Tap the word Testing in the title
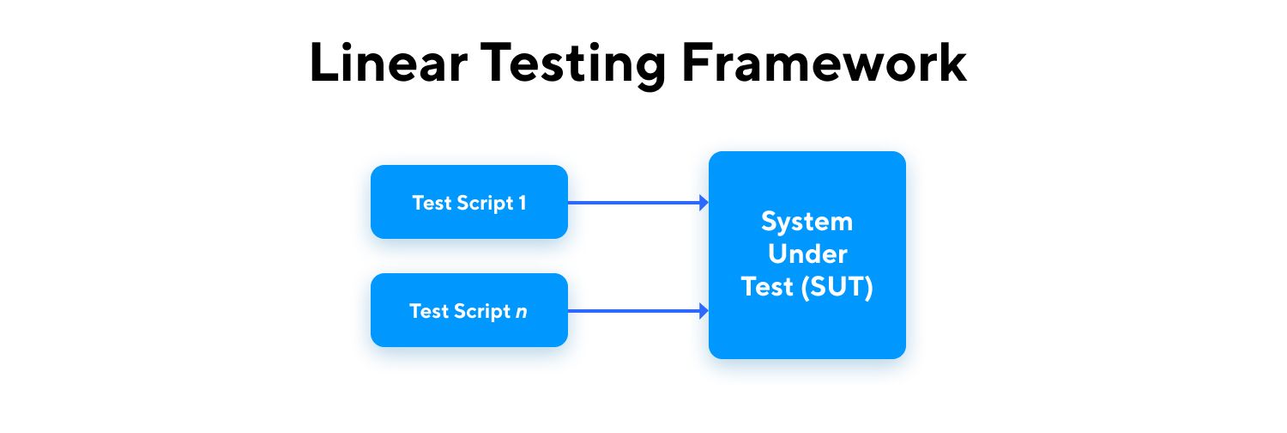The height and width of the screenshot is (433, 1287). [573, 65]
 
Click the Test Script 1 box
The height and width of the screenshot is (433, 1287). [469, 202]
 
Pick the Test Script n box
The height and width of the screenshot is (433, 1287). [469, 310]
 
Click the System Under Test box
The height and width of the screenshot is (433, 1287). [807, 255]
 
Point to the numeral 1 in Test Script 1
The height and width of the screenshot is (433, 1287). [523, 203]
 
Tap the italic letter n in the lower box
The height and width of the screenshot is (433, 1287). [521, 312]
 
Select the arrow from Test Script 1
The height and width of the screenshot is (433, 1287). [638, 203]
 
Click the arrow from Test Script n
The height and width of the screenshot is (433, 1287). [638, 311]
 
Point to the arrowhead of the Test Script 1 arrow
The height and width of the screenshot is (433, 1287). [704, 203]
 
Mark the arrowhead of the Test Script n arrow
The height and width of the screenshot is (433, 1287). [704, 311]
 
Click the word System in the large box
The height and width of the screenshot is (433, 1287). [807, 223]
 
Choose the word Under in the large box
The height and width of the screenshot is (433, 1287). [807, 254]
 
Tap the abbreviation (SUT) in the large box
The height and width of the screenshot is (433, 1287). [837, 287]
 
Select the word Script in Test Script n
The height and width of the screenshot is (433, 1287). [482, 312]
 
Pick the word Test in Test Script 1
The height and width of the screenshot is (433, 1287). [432, 203]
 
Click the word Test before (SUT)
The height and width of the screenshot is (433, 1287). [767, 287]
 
